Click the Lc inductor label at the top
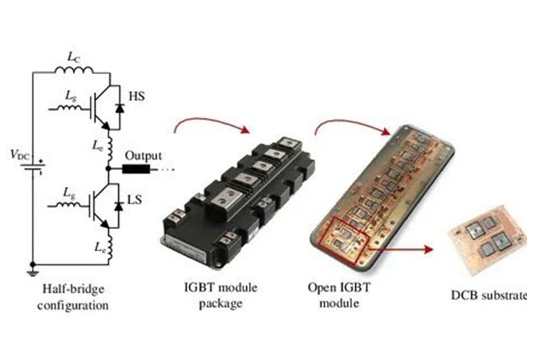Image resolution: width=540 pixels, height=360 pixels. pyautogui.click(x=73, y=57)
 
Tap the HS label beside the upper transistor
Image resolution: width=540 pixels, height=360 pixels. pyautogui.click(x=136, y=96)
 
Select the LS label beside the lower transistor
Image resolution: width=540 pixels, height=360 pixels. pyautogui.click(x=135, y=199)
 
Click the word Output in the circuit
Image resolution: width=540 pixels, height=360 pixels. pyautogui.click(x=143, y=156)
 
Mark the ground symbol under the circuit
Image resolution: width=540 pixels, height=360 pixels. pyautogui.click(x=32, y=274)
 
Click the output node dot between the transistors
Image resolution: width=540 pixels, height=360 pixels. pyautogui.click(x=108, y=168)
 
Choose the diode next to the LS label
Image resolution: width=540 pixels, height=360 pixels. pyautogui.click(x=119, y=206)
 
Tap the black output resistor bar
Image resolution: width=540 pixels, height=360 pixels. pyautogui.click(x=136, y=168)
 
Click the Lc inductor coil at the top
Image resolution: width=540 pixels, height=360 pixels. pyautogui.click(x=73, y=70)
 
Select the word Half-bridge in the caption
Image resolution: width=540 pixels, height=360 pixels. pyautogui.click(x=73, y=289)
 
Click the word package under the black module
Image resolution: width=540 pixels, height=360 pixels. pyautogui.click(x=220, y=304)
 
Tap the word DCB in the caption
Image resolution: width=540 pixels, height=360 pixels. pyautogui.click(x=464, y=295)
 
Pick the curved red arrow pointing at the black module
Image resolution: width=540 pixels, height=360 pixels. pyautogui.click(x=211, y=122)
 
